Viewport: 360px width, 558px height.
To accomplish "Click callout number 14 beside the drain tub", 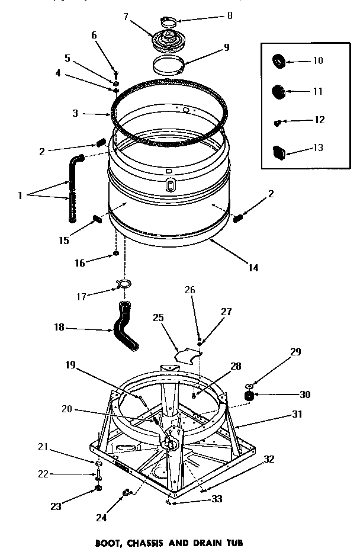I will (x=253, y=267).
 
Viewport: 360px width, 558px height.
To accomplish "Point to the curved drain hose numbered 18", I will (x=126, y=326).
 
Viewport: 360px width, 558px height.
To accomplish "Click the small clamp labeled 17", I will (x=125, y=284).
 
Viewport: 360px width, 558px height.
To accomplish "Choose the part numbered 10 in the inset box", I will (x=278, y=60).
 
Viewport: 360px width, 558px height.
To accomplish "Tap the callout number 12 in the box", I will (x=320, y=120).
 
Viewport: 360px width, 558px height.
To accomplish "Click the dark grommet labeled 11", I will (x=278, y=91).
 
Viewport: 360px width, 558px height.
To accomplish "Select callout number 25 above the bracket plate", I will (x=157, y=318).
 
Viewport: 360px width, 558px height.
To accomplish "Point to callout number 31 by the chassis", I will (x=297, y=415).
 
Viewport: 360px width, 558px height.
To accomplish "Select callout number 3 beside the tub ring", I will (x=75, y=113).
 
